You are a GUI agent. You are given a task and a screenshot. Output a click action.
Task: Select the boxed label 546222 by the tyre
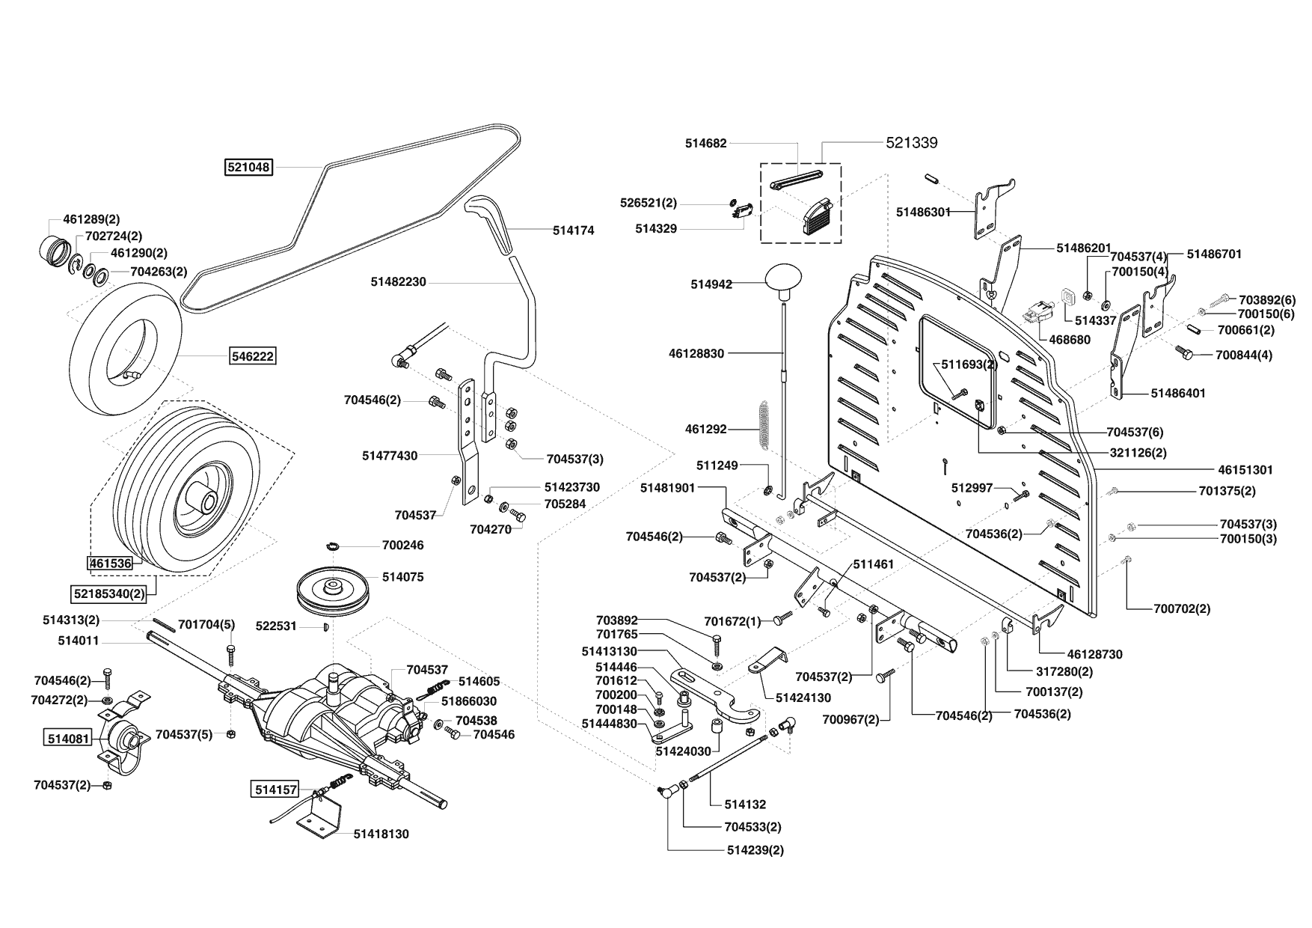pos(252,356)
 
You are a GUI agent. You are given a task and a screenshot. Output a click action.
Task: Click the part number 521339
pos(911,142)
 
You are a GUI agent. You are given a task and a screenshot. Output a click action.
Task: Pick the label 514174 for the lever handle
pos(573,231)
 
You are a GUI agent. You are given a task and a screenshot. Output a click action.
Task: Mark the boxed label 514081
pos(68,739)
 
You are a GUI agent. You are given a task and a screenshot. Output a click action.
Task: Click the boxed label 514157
pos(275,789)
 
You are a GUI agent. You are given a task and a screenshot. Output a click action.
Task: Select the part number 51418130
pos(381,834)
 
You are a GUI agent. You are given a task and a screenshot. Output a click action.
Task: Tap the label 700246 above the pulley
pos(402,545)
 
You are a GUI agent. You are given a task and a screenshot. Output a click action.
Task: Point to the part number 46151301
pos(1245,470)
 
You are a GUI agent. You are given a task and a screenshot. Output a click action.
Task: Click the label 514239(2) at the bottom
pos(755,850)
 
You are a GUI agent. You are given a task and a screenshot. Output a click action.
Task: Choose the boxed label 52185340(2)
pos(109,594)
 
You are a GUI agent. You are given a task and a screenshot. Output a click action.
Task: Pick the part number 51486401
pos(1178,392)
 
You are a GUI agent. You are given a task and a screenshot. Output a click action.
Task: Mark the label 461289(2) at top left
pos(91,219)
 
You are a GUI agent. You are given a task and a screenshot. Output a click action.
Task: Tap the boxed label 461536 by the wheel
pos(110,563)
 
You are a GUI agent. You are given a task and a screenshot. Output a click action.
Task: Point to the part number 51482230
pos(398,281)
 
